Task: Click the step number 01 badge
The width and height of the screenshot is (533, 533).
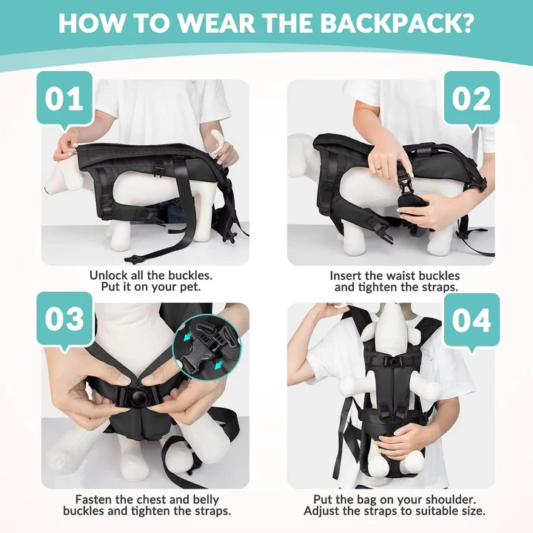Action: coord(64,98)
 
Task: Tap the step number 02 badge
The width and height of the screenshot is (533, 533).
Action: coord(472,98)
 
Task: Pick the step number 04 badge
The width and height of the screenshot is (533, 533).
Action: coord(472,320)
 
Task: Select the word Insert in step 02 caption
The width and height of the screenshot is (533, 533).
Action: coord(346,275)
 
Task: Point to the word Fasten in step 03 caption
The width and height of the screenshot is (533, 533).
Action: coord(94,500)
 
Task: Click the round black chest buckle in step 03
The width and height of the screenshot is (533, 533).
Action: coord(134,398)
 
